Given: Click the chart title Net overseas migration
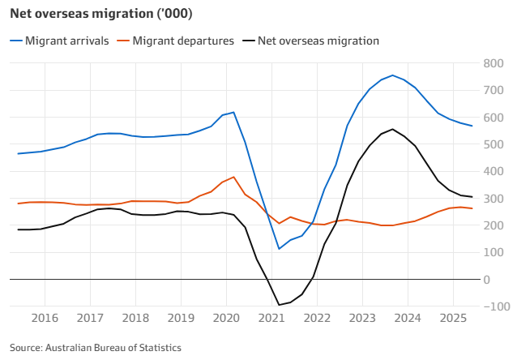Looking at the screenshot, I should tap(101, 15).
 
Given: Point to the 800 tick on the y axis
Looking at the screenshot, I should tap(493, 63).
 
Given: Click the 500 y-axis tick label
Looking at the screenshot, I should tap(493, 144).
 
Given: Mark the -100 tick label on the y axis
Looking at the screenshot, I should tap(490, 306).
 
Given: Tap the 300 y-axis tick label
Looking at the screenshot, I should tap(493, 199).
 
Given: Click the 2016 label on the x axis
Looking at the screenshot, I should tap(45, 317).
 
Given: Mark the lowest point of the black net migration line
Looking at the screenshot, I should tap(279, 305).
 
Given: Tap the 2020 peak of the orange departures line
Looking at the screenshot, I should tap(233, 177).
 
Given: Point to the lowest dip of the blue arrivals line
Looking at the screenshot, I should tap(279, 249).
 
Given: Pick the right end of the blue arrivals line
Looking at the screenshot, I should tap(472, 126).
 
